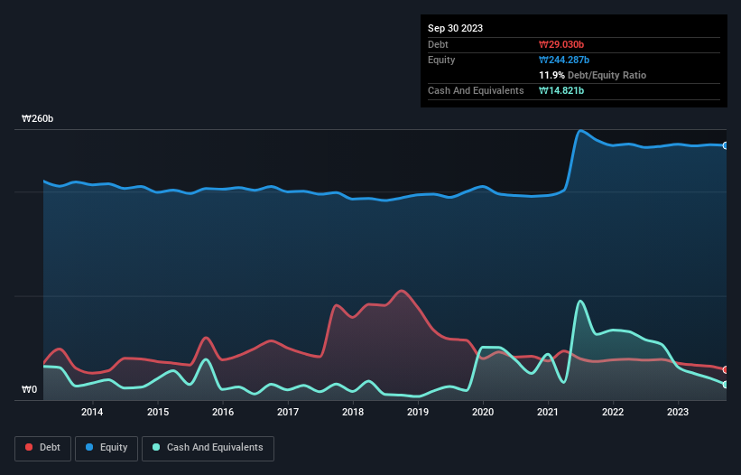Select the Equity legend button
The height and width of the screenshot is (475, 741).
pyautogui.click(x=107, y=447)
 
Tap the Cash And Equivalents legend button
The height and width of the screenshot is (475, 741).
pyautogui.click(x=207, y=447)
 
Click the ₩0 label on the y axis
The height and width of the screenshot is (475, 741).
pyautogui.click(x=30, y=390)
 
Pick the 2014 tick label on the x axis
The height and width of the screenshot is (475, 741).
pyautogui.click(x=91, y=413)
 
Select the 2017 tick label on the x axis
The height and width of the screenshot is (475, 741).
pyautogui.click(x=287, y=413)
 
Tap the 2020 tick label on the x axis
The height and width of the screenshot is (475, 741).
pyautogui.click(x=483, y=413)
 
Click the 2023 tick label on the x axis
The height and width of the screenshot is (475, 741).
pyautogui.click(x=678, y=413)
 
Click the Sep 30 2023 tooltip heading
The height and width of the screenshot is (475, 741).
pyautogui.click(x=455, y=28)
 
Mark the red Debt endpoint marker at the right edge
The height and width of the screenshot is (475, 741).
pyautogui.click(x=726, y=369)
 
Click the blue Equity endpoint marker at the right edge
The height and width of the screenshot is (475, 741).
pyautogui.click(x=726, y=145)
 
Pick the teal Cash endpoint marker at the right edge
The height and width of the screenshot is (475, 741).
pyautogui.click(x=726, y=385)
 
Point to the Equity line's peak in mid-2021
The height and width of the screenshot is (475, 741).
pyautogui.click(x=579, y=131)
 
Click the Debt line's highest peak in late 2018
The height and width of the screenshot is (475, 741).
pyautogui.click(x=402, y=291)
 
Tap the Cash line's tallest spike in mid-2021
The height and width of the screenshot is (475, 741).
pyautogui.click(x=579, y=301)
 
